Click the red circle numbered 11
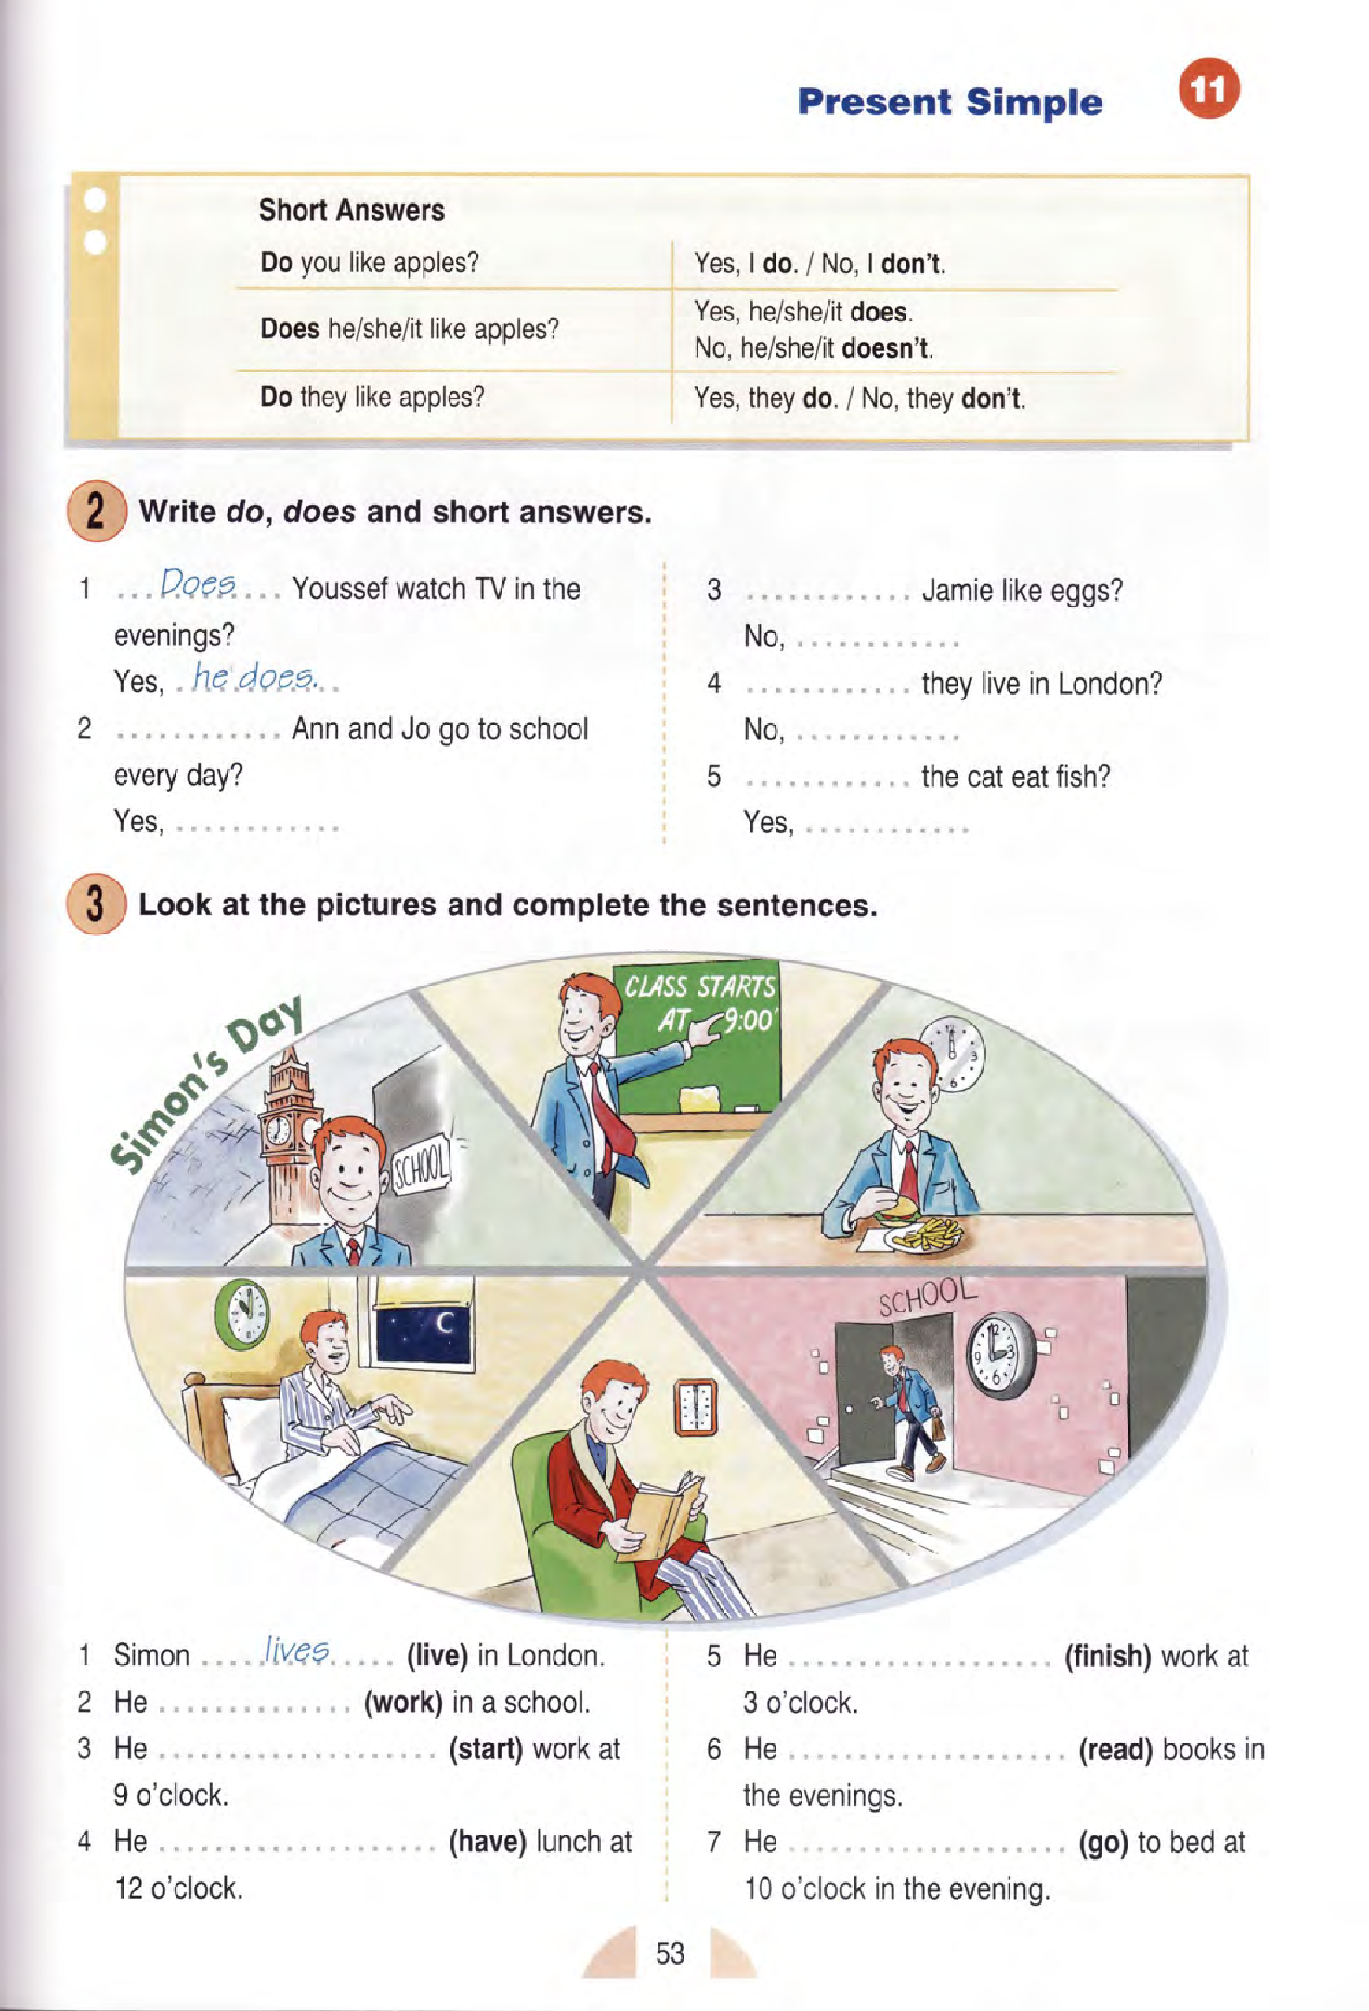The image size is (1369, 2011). (1208, 88)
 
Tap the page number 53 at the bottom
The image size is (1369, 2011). (670, 1953)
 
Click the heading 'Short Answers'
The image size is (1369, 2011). (352, 210)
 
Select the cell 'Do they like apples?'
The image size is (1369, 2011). (372, 398)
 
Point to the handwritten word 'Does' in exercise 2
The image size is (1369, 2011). (198, 584)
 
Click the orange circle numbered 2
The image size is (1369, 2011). (96, 512)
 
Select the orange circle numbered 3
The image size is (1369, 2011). (96, 904)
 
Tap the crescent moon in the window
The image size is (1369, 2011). (444, 1322)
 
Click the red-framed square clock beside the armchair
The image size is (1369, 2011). (696, 1407)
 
